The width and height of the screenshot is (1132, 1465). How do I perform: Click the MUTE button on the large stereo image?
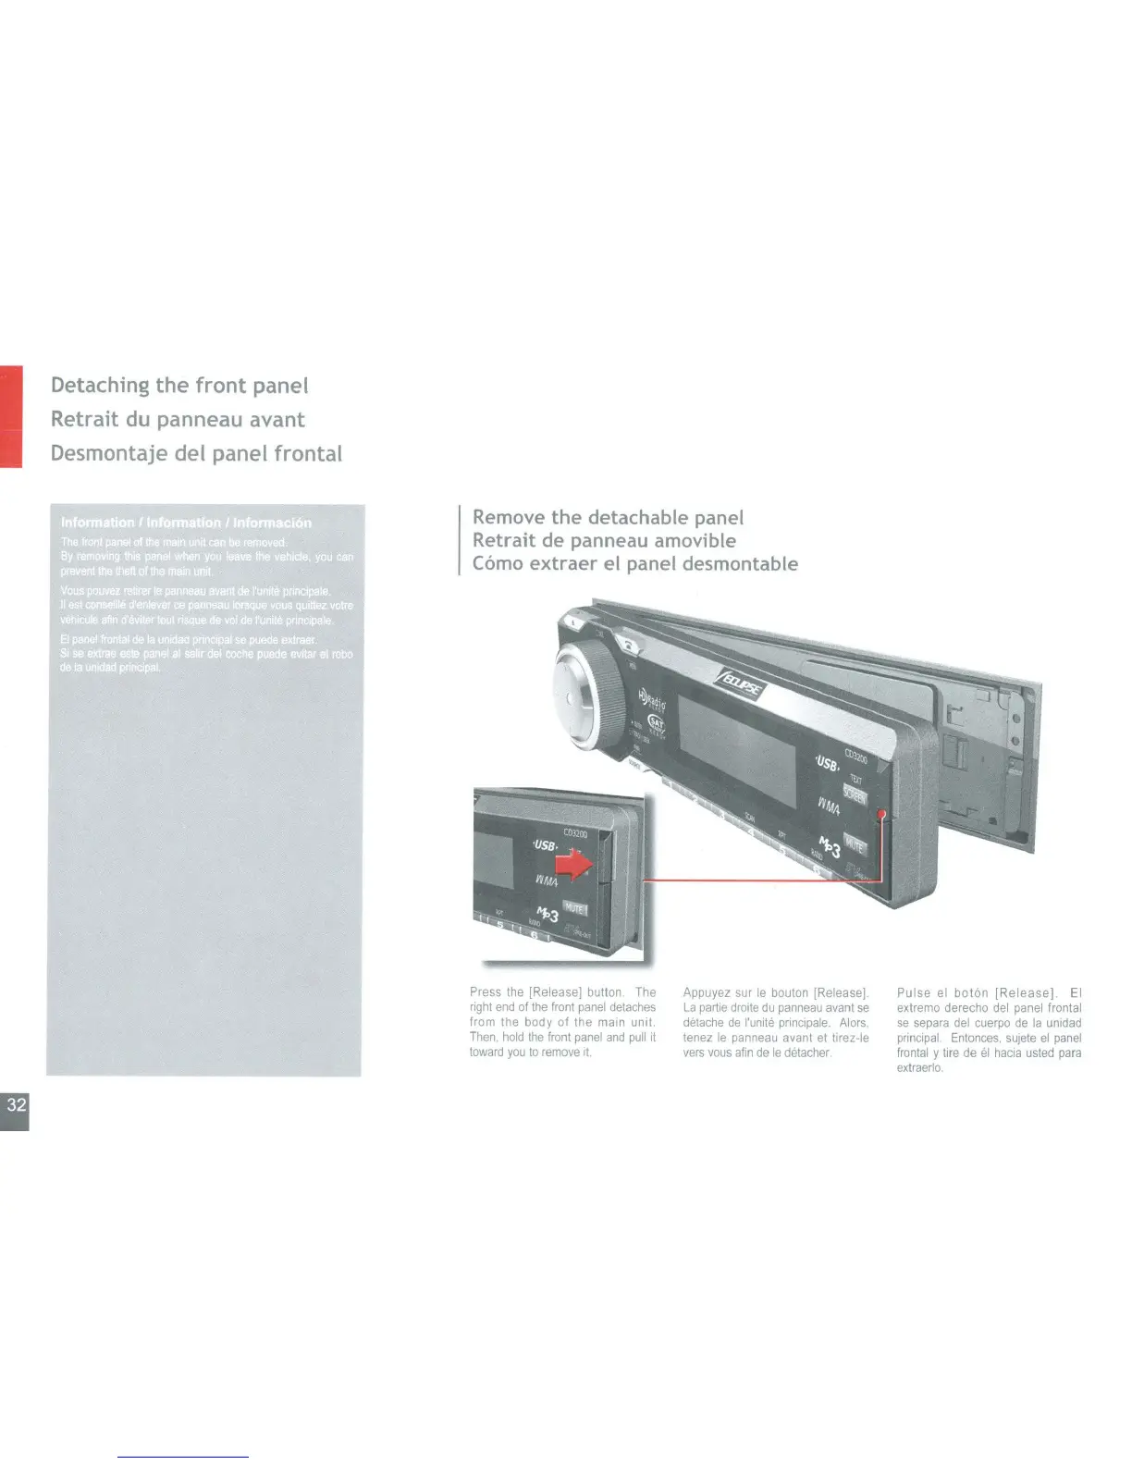click(x=854, y=843)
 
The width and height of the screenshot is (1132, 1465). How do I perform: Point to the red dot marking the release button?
click(x=883, y=813)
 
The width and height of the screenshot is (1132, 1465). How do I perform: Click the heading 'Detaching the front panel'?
click(x=179, y=385)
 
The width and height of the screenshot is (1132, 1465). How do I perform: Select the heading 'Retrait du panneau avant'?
click(x=178, y=419)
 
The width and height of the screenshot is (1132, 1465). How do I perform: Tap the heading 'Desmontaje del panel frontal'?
click(x=196, y=453)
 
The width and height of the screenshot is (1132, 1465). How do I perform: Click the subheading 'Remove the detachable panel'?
click(x=608, y=517)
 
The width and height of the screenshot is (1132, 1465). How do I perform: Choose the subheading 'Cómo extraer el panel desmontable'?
click(x=634, y=563)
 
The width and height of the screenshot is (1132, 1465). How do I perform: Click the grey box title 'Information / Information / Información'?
click(x=186, y=523)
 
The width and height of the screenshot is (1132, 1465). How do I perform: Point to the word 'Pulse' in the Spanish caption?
click(x=914, y=992)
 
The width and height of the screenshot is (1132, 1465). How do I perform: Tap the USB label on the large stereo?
click(x=826, y=764)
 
